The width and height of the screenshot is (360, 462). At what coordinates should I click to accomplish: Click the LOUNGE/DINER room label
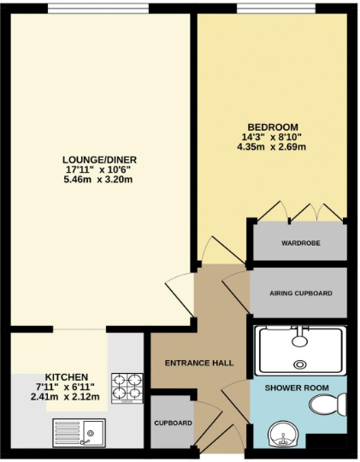coord(100,159)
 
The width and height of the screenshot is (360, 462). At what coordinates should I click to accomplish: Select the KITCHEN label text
coord(66,376)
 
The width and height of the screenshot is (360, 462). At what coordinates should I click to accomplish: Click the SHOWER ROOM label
coord(296,388)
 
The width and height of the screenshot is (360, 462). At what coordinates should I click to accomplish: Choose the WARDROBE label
coord(300,243)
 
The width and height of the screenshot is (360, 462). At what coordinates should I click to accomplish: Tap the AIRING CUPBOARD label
coord(300,293)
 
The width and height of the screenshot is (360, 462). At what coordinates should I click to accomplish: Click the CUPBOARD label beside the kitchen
coord(173,423)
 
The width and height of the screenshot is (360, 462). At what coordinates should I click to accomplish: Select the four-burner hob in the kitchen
coord(127,388)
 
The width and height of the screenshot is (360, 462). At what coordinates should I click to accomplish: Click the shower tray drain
coord(299,364)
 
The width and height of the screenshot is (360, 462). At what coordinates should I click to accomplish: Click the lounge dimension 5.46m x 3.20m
coord(100,180)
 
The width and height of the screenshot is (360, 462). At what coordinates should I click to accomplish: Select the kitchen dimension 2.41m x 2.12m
coord(66,397)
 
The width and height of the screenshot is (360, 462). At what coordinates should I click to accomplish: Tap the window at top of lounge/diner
coord(99,10)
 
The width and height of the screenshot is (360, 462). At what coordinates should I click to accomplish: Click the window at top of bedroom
coord(272,10)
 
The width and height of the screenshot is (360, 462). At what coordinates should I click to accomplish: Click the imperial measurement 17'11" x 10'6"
coord(100,169)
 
